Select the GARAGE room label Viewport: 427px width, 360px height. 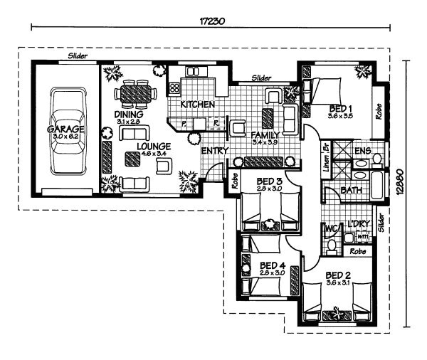click(66, 129)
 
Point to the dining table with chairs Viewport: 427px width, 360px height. click(135, 92)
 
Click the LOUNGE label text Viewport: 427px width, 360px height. click(153, 146)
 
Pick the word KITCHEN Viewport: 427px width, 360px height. click(197, 105)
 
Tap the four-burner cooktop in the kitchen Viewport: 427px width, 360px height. click(175, 88)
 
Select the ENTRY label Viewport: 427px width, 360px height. click(214, 151)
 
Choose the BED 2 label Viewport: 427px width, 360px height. click(339, 275)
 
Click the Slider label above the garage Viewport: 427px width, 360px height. click(78, 55)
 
